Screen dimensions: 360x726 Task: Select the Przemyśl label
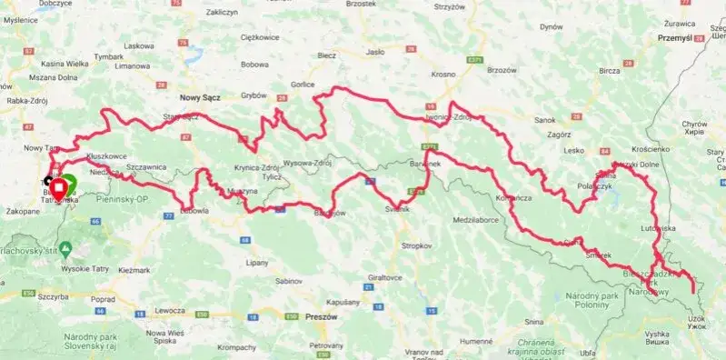681,39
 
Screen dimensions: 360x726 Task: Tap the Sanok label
545,119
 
